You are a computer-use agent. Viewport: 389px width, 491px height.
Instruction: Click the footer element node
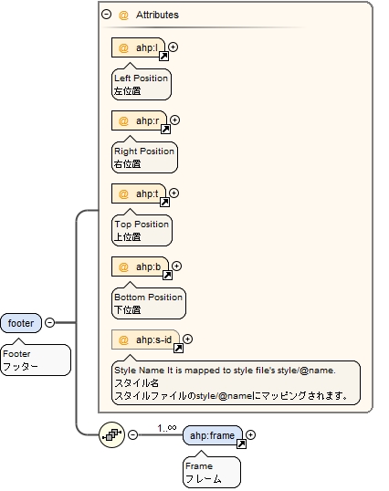pyautogui.click(x=21, y=323)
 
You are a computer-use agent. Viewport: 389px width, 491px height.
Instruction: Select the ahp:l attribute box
pyautogui.click(x=139, y=47)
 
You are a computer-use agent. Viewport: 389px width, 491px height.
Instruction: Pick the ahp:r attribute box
pyautogui.click(x=140, y=120)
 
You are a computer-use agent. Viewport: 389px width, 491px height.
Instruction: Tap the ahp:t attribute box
pyautogui.click(x=139, y=193)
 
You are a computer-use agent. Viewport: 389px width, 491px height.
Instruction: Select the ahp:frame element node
pyautogui.click(x=212, y=435)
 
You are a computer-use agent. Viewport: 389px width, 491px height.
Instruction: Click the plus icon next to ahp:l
pyautogui.click(x=173, y=47)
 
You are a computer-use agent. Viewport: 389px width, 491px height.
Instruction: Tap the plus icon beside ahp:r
pyautogui.click(x=175, y=120)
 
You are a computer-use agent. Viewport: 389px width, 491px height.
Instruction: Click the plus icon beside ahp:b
pyautogui.click(x=176, y=266)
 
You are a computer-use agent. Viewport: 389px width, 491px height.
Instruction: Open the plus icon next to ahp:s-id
pyautogui.click(x=188, y=339)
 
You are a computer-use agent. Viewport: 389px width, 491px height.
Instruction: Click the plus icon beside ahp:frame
pyautogui.click(x=251, y=434)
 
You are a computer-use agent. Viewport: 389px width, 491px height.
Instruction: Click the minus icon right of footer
pyautogui.click(x=49, y=322)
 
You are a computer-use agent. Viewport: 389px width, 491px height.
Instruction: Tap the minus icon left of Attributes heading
pyautogui.click(x=107, y=15)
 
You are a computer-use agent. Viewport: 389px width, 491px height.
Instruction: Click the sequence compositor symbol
pyautogui.click(x=112, y=434)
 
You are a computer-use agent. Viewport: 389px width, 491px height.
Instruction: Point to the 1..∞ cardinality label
pyautogui.click(x=166, y=426)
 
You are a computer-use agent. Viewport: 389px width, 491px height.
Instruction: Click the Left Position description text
pyautogui.click(x=141, y=78)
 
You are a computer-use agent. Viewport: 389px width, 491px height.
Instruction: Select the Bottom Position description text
pyautogui.click(x=148, y=297)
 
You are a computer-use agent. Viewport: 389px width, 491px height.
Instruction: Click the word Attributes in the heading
pyautogui.click(x=157, y=16)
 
